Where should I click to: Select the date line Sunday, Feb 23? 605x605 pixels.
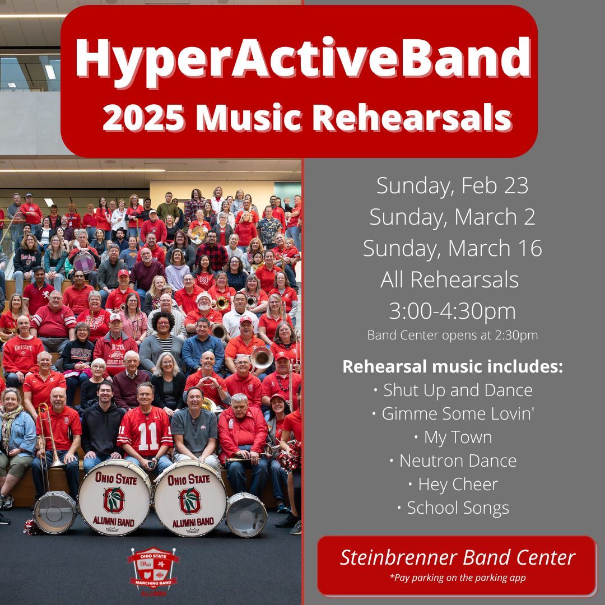[x=452, y=187]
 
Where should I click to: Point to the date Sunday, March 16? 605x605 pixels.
[x=452, y=249]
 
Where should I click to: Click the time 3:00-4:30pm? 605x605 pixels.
[x=452, y=311]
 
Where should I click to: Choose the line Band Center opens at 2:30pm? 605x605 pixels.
[x=452, y=335]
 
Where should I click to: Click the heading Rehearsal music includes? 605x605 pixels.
[x=452, y=366]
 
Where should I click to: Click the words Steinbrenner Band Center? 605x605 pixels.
[x=457, y=557]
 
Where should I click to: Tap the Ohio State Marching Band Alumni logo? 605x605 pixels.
[x=153, y=571]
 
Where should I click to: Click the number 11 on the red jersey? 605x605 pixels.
[x=148, y=436]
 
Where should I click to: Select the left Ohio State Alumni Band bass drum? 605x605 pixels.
[x=114, y=497]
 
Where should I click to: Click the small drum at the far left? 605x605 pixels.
[x=55, y=512]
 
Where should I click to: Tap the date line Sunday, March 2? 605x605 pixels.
[x=452, y=217]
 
